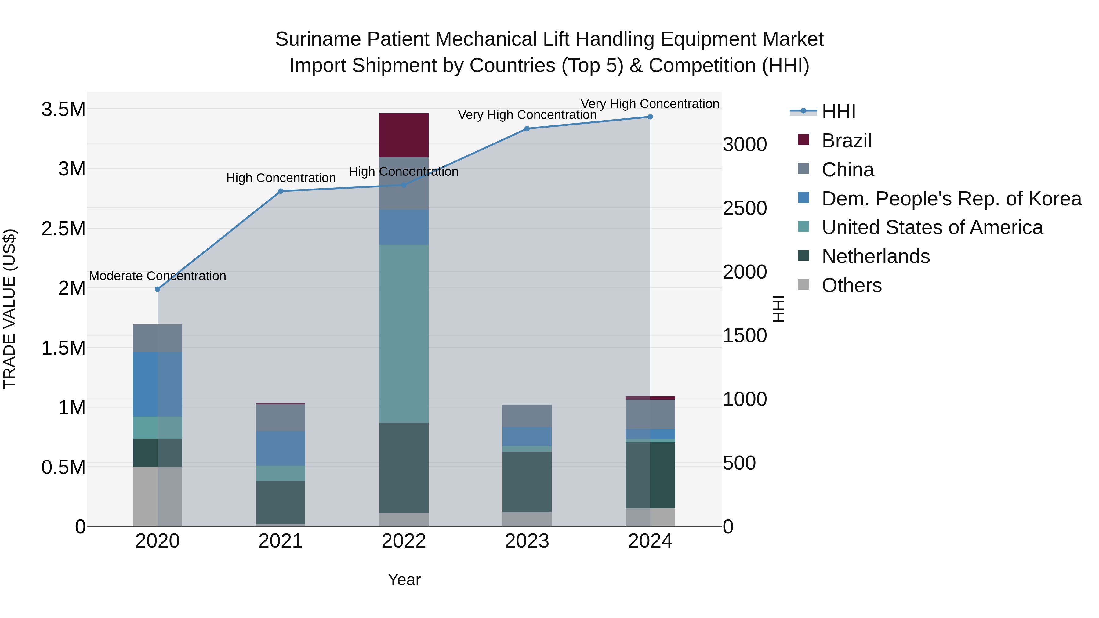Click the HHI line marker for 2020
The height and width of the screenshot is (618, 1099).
158,289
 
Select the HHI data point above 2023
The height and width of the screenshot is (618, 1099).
527,129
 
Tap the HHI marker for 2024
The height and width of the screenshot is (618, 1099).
650,117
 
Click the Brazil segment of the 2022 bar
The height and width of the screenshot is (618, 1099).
404,135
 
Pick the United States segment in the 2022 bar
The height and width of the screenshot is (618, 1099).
404,334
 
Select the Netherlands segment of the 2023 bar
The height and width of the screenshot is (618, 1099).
527,482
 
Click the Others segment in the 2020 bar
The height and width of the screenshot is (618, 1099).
158,497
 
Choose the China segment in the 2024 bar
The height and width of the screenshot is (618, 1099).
650,414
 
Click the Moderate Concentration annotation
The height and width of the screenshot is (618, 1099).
158,276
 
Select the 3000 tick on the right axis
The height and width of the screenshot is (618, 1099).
745,145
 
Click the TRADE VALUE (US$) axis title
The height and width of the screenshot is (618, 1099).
9,309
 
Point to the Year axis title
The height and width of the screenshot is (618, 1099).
404,580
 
